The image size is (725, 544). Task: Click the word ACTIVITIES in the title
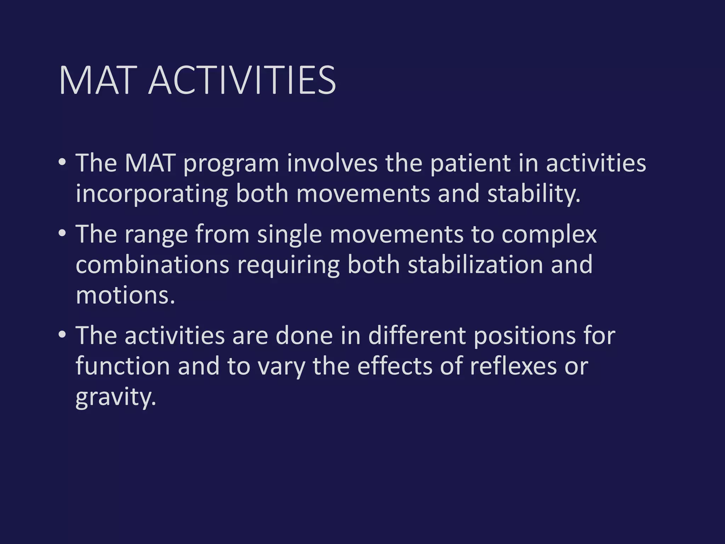pyautogui.click(x=242, y=80)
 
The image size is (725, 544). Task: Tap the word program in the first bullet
pyautogui.click(x=231, y=164)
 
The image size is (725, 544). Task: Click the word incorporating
pyautogui.click(x=152, y=194)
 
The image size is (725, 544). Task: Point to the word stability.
pyautogui.click(x=533, y=194)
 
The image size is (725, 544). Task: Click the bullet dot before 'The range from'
pyautogui.click(x=62, y=233)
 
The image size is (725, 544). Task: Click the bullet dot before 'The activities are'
pyautogui.click(x=62, y=335)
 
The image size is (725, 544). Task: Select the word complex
pyautogui.click(x=549, y=235)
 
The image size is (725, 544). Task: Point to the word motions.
pyautogui.click(x=125, y=295)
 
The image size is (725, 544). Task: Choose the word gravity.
pyautogui.click(x=115, y=397)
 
